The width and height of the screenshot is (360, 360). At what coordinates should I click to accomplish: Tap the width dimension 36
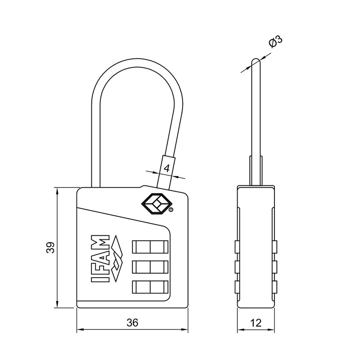coord(132,323)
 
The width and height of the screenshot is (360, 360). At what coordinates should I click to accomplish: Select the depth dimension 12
coord(256,323)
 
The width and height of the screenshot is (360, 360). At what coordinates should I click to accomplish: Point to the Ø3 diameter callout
coord(275,42)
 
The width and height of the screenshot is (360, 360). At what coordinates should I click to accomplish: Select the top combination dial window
coord(150,247)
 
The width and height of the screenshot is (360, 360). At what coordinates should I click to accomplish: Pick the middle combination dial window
coord(150,267)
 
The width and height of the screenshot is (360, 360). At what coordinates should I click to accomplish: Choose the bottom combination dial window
coord(150,287)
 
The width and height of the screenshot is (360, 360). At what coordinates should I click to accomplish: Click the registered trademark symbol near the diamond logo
coord(171,210)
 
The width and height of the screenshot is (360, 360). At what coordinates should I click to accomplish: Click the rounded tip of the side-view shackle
coord(255,60)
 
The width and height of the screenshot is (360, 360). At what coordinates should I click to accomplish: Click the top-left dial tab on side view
coord(236,247)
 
